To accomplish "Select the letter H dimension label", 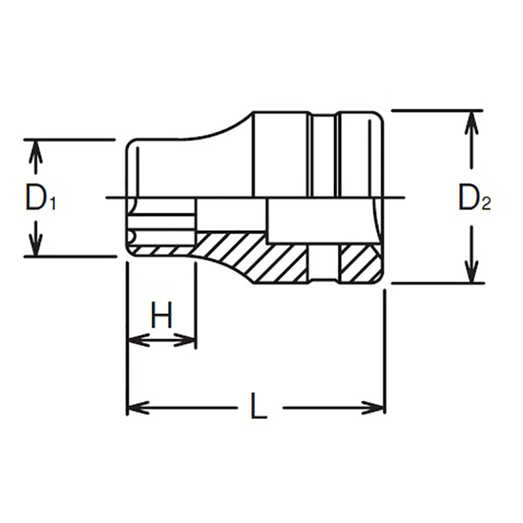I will point(161,316).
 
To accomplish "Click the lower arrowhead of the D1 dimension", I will point(37,246).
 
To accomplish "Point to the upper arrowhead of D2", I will point(469,121).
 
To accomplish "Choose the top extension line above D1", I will point(69,139).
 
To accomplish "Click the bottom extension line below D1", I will point(69,256).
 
